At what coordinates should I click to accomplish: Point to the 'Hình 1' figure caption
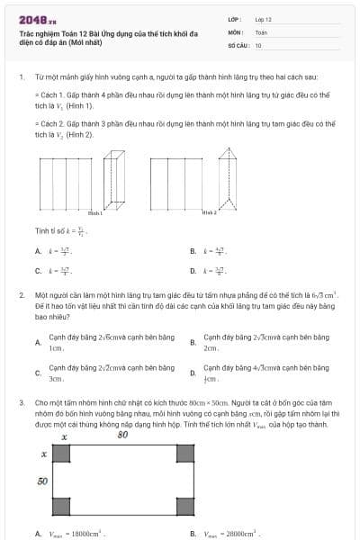[x=95, y=213]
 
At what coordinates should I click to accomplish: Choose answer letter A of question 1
[x=38, y=252]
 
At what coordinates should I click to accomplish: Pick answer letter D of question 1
[x=193, y=270]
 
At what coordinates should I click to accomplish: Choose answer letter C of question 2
[x=38, y=373]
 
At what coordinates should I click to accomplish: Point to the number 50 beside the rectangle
[x=41, y=481]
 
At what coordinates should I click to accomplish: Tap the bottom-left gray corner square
[x=61, y=507]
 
